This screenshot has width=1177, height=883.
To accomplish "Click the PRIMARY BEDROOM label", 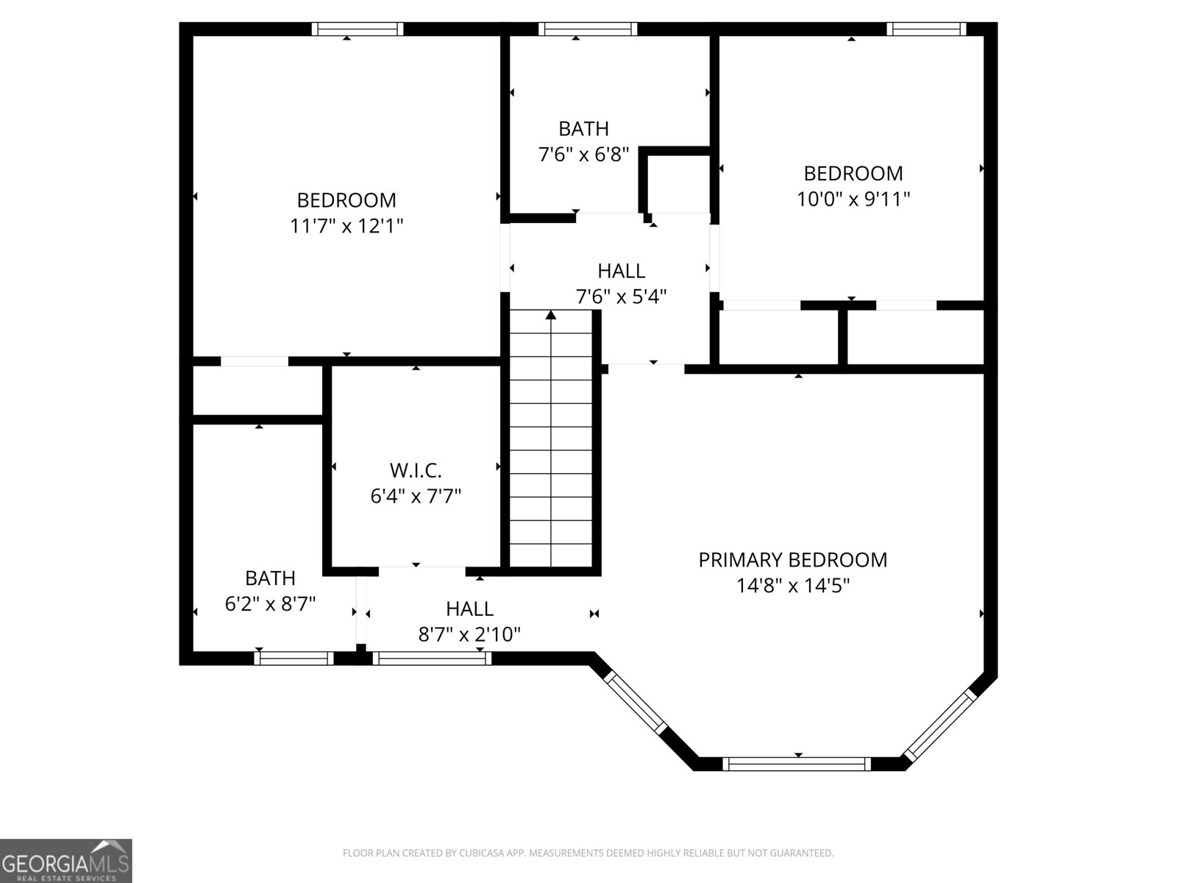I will click(792, 560).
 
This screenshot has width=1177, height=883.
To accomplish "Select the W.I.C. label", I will click(415, 470).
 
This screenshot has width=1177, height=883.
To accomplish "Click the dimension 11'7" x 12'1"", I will click(346, 226).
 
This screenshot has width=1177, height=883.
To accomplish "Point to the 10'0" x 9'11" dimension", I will click(853, 199).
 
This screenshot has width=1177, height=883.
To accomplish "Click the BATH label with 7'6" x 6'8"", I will click(583, 129).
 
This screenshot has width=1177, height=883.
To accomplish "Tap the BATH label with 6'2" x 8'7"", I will click(270, 578).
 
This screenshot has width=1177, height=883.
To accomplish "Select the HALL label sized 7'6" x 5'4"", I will click(621, 271).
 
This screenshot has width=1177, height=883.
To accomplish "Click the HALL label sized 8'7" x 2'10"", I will click(469, 609).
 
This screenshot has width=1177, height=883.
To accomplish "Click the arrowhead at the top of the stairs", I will click(551, 316).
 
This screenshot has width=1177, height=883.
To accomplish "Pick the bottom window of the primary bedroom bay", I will click(797, 764).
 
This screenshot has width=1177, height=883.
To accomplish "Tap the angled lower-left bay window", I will click(635, 702).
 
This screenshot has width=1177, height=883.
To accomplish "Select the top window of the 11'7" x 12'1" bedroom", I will click(358, 29).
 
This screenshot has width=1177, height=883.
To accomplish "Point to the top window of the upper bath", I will click(587, 29).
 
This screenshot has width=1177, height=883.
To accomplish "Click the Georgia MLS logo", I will click(65, 861).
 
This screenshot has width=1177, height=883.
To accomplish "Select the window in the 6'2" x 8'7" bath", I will click(294, 658).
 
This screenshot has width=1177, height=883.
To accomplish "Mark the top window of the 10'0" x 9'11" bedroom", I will click(925, 29).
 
